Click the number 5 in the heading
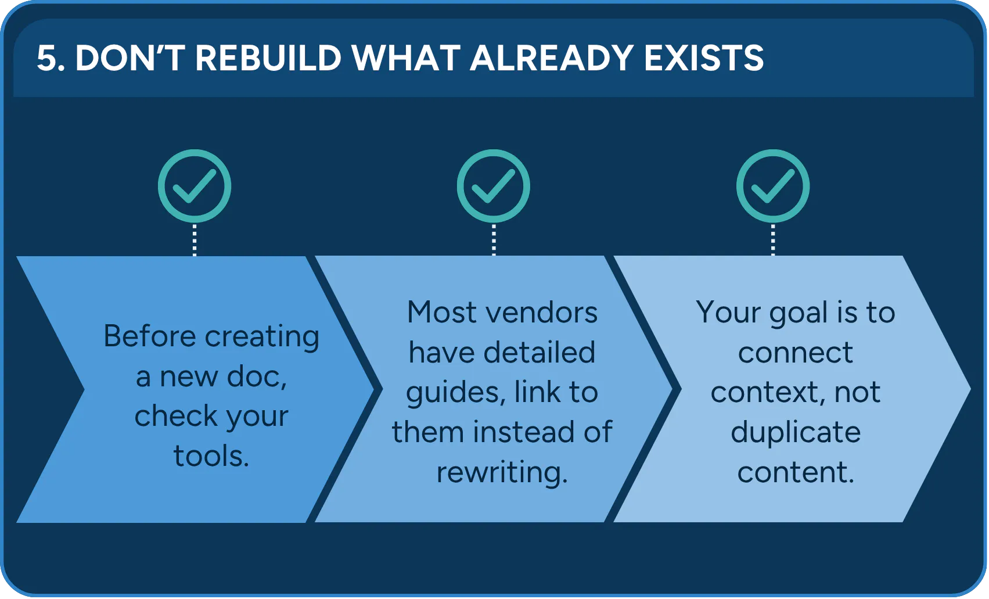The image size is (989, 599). [x=48, y=58]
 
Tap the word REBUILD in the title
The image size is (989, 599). [x=268, y=58]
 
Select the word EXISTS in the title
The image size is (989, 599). [x=704, y=58]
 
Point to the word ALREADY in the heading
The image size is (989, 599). [x=552, y=58]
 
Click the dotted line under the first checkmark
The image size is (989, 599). [x=195, y=240]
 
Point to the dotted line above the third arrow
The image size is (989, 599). [x=772, y=240]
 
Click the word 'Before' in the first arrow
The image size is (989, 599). [x=150, y=336]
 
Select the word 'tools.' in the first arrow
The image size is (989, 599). [x=211, y=455]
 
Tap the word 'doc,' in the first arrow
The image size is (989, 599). [x=257, y=376]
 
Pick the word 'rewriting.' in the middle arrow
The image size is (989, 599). [x=502, y=472]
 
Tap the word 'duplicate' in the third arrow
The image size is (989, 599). [x=796, y=432]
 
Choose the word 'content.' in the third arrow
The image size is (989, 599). [x=796, y=472]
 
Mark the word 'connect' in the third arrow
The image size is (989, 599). [x=795, y=353]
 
